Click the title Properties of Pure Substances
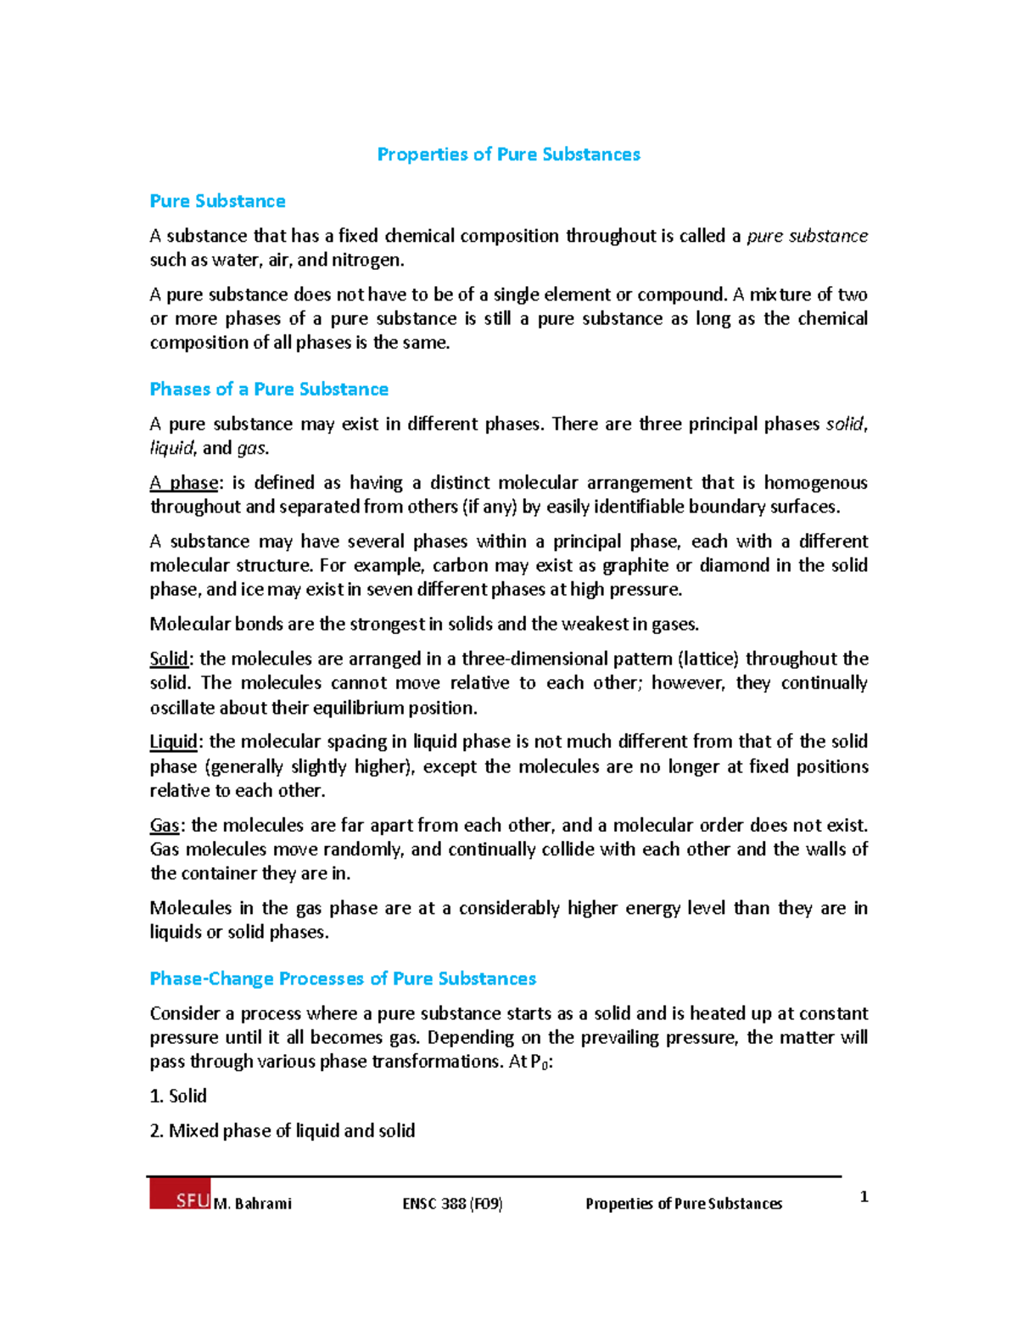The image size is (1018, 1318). coord(508,154)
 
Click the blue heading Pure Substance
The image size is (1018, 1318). coord(217,201)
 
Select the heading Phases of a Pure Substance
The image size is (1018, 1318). coord(269,390)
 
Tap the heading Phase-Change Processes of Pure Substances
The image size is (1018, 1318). coord(343,979)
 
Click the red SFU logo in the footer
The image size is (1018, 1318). coord(180,1195)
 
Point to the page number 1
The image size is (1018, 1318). coord(864,1197)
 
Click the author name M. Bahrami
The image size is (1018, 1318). coord(253,1203)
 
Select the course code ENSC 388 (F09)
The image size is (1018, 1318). coord(452,1203)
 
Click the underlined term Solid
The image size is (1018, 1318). coord(169,659)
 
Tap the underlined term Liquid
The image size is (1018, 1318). coord(173,742)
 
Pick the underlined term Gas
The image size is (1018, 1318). coord(165,826)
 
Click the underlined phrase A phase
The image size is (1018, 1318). coord(184,483)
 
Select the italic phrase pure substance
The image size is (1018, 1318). coord(807,236)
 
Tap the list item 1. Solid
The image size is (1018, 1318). coord(178,1096)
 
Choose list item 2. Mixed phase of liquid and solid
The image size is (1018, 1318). coord(282,1131)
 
